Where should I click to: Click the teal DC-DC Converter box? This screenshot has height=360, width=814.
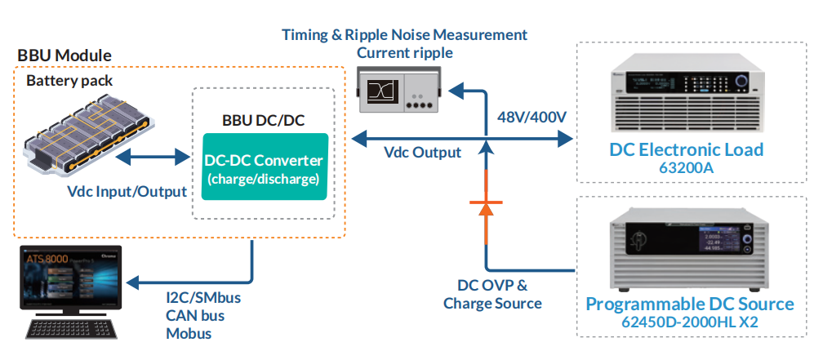click(262, 168)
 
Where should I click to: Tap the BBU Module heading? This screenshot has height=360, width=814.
click(64, 56)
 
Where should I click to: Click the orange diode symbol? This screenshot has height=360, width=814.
click(487, 208)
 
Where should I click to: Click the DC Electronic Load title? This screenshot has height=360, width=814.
click(687, 149)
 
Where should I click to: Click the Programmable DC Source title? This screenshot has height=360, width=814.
click(690, 304)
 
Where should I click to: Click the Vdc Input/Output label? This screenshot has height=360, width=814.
click(127, 191)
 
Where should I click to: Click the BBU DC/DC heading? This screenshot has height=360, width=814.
click(263, 120)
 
